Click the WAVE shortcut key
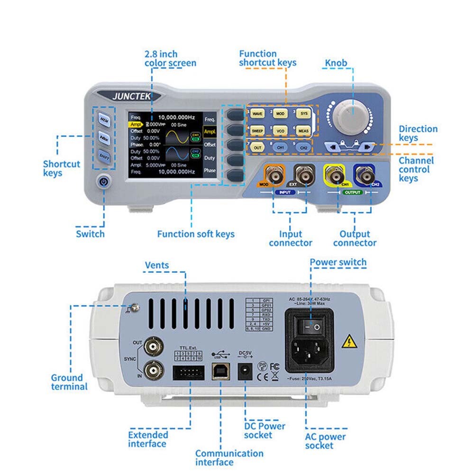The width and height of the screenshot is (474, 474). pos(258,114)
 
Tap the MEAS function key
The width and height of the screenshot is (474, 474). pos(304,131)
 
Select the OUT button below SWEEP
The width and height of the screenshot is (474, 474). pos(257,147)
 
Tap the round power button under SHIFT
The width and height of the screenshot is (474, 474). pos(104,181)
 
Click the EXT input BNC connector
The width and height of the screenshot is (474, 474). pos(303,175)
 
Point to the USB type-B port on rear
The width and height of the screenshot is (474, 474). pos(219,372)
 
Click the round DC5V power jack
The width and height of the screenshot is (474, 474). pos(244,371)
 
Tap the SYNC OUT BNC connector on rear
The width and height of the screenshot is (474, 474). pos(153,346)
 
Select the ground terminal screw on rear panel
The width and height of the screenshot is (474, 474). pos(134,308)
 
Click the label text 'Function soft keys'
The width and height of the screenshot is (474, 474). pos(195,234)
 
